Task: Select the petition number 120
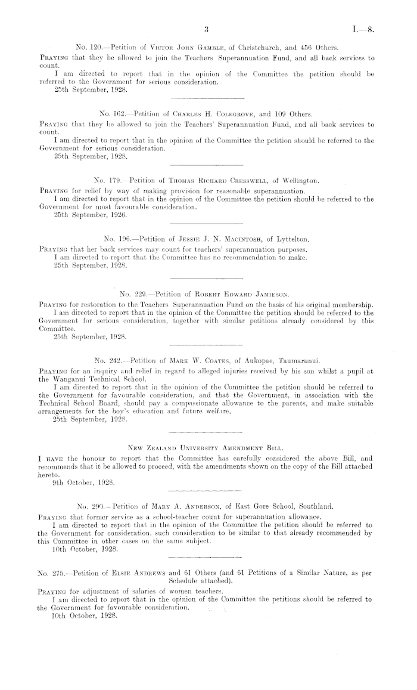95,47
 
